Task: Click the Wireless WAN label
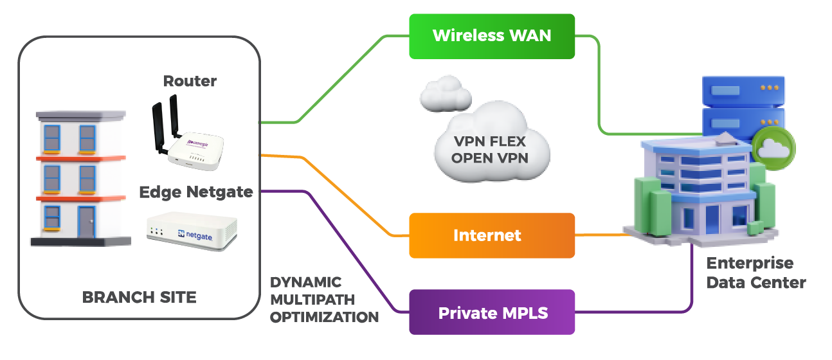point(492,35)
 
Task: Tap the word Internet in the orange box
point(487,235)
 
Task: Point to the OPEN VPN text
point(490,157)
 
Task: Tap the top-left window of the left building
point(51,137)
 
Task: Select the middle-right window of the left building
point(87,177)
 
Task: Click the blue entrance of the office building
point(712,219)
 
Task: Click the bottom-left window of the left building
point(52,217)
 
